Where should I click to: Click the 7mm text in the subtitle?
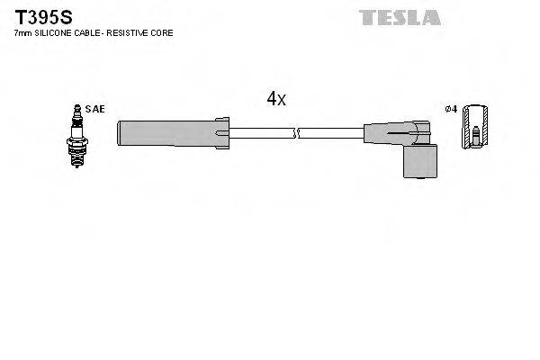coord(22,32)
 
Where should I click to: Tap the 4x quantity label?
coord(275,99)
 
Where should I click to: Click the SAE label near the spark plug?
coord(95,109)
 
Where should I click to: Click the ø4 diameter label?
coord(452,109)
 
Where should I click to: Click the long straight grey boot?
coord(166,132)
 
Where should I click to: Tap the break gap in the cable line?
coord(297,132)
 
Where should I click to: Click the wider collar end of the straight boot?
coord(222,132)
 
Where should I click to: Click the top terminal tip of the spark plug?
coord(77,109)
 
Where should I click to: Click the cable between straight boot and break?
coord(261,132)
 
